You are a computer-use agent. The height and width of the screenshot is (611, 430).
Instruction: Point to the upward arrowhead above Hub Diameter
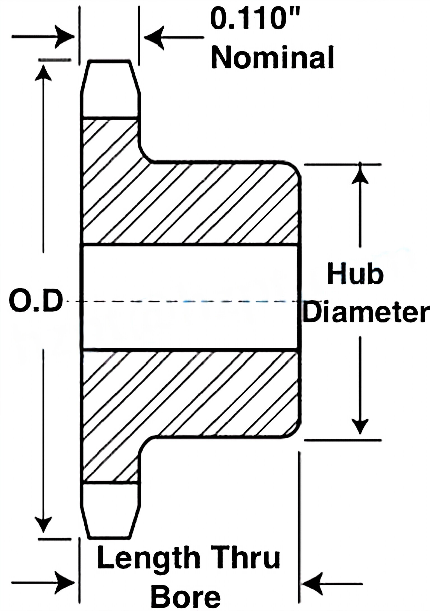360,174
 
